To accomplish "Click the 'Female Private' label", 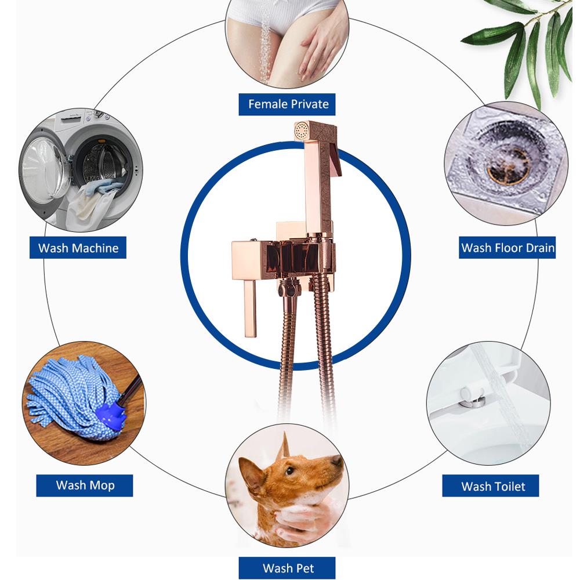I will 288,104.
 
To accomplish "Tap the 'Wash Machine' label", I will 78,248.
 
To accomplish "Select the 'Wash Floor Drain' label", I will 507,248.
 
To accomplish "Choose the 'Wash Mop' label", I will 85,485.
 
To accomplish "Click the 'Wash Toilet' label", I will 492,486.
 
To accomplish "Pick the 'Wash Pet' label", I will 288,568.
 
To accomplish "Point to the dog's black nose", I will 336,460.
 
